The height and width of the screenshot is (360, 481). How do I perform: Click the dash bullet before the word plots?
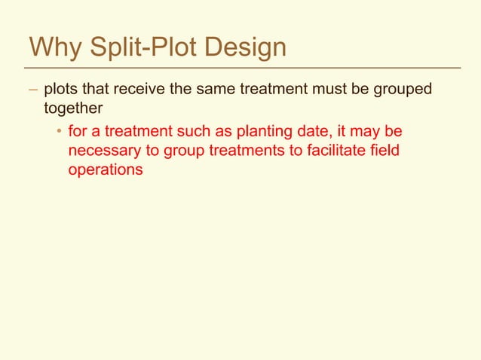[32, 90]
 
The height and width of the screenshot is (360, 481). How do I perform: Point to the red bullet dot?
[57, 133]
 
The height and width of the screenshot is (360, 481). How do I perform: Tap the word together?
[73, 108]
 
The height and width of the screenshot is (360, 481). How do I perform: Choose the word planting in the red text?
[290, 133]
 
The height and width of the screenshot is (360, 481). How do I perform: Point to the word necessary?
[104, 151]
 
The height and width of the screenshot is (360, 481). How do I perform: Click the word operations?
[106, 169]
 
